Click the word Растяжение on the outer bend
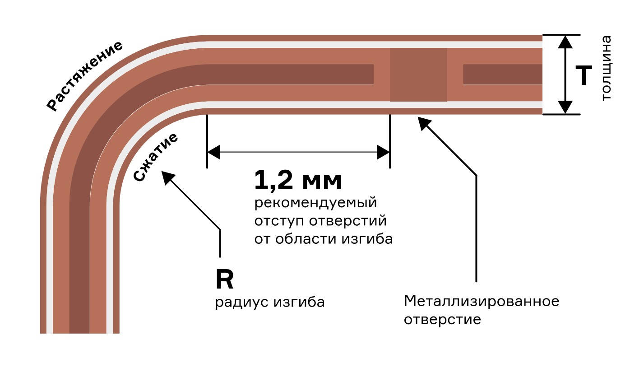(85, 76)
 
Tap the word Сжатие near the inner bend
(156, 158)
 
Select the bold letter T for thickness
(584, 75)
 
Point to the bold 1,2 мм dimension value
(298, 180)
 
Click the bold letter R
(225, 279)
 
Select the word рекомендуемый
(315, 203)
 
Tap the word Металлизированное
(482, 301)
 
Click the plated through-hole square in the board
(418, 75)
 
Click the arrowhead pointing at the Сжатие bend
(168, 178)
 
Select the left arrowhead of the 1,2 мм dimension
(213, 152)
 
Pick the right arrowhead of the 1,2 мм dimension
(383, 152)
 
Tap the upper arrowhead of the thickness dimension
(565, 42)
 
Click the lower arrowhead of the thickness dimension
(565, 107)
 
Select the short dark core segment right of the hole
(503, 75)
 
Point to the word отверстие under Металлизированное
(442, 320)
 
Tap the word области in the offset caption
(306, 239)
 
